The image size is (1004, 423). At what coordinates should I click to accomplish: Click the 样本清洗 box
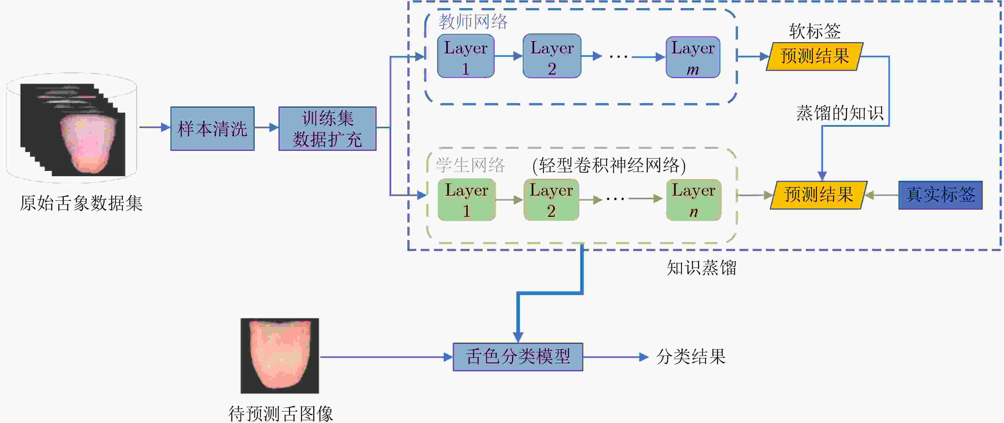click(x=212, y=128)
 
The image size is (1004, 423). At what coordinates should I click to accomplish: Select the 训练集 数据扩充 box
click(x=327, y=128)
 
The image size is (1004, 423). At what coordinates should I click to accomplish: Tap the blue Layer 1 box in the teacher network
click(x=466, y=56)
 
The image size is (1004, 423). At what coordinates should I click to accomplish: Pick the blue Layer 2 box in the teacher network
click(x=552, y=56)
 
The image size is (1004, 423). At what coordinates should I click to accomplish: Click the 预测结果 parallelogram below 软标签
click(x=815, y=57)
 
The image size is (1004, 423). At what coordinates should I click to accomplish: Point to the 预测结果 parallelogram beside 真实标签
click(x=819, y=195)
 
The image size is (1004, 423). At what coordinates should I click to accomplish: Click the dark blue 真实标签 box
click(x=940, y=195)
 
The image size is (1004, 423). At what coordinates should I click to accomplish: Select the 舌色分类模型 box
click(x=518, y=357)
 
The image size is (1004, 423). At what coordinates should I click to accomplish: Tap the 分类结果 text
click(x=691, y=357)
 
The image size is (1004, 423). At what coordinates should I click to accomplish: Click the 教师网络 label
click(x=473, y=22)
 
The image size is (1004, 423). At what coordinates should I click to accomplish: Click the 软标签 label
click(x=815, y=31)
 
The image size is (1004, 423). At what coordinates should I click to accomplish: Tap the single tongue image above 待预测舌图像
click(x=280, y=356)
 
